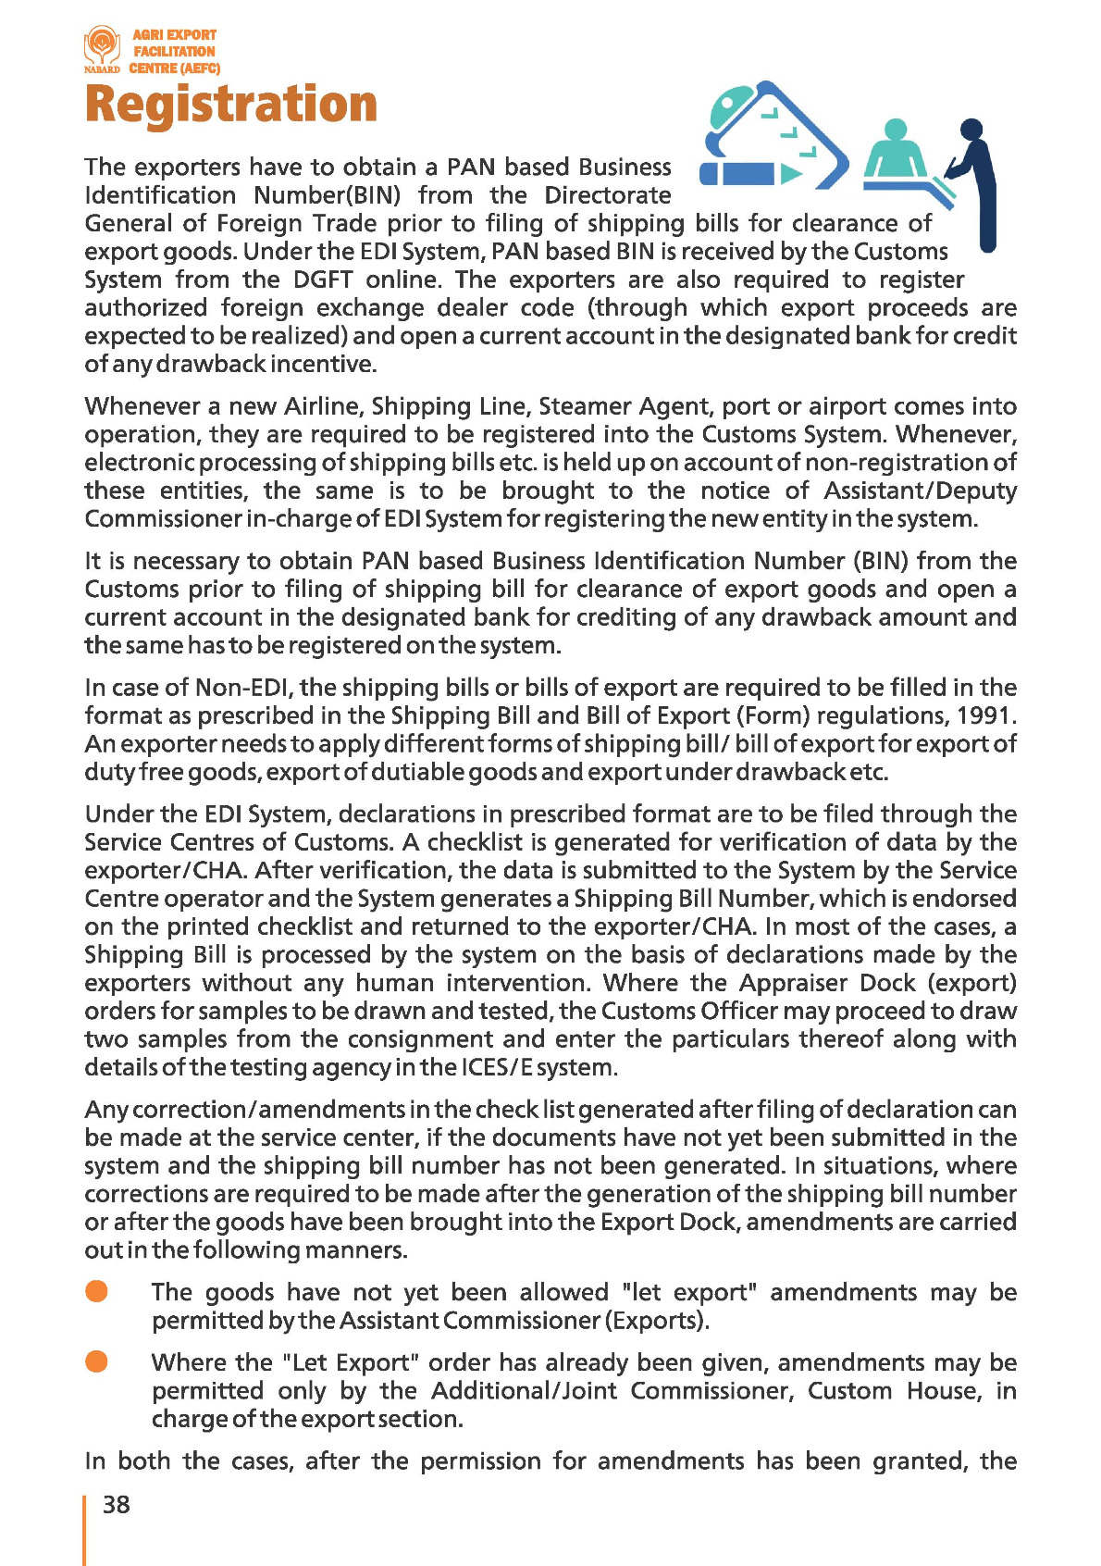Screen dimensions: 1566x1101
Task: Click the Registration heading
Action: click(231, 104)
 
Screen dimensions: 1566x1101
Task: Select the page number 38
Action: click(117, 1505)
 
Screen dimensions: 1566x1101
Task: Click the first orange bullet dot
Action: click(96, 1291)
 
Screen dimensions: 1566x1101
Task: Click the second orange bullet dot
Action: click(96, 1361)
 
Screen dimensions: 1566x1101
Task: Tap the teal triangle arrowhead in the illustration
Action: click(791, 173)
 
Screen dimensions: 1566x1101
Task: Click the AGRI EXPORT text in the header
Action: click(174, 35)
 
